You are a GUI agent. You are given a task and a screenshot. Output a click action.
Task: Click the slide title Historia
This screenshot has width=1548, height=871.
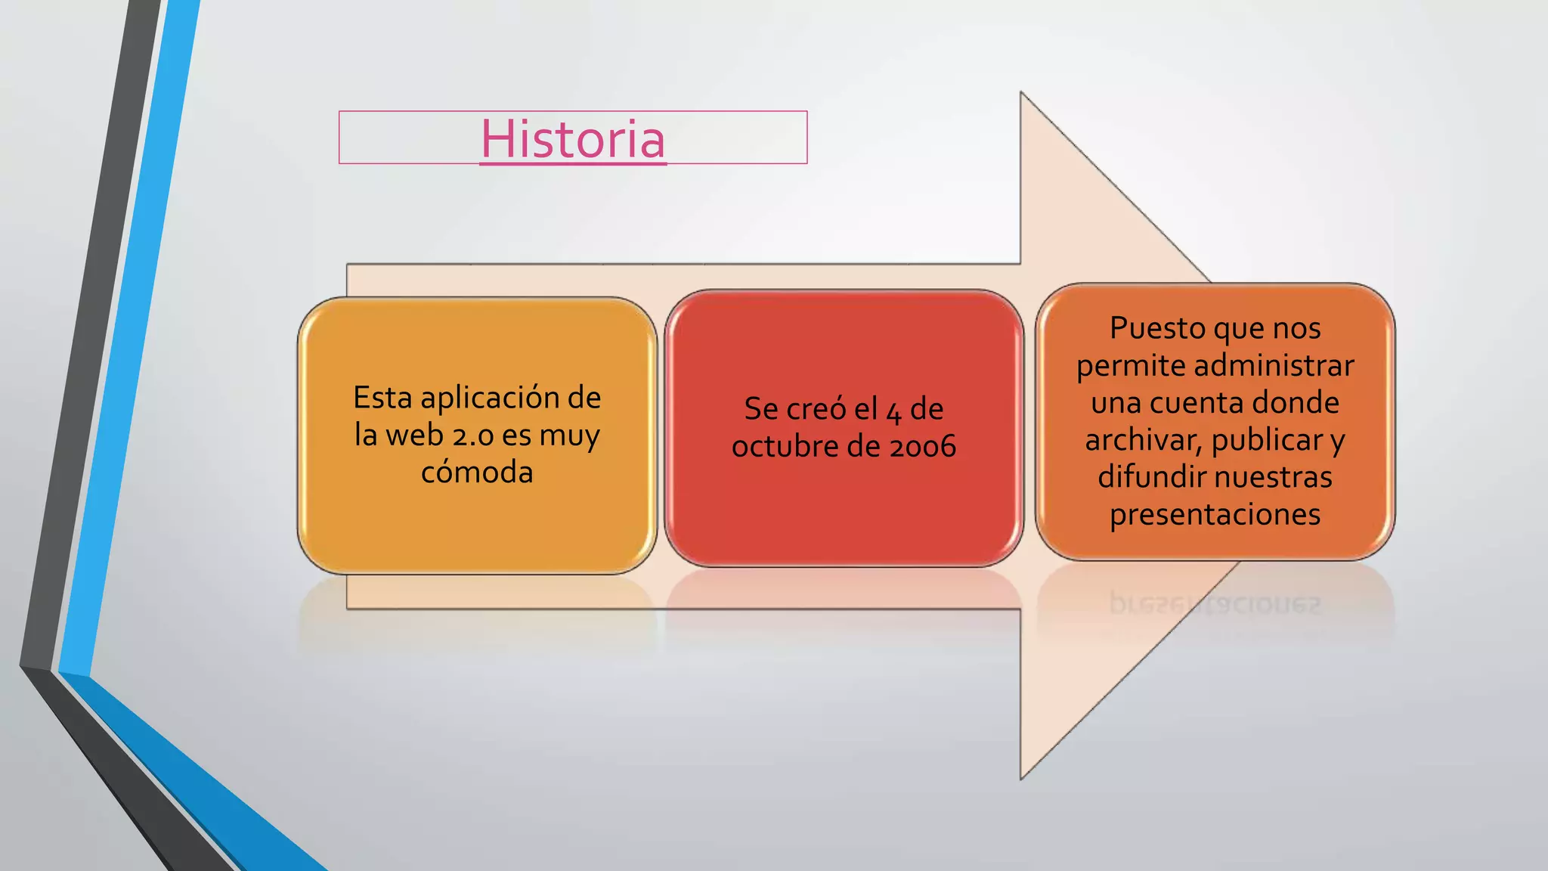point(573,139)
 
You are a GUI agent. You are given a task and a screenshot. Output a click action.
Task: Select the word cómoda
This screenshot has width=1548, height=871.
point(477,473)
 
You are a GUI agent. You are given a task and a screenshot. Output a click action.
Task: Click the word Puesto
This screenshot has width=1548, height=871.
point(1158,328)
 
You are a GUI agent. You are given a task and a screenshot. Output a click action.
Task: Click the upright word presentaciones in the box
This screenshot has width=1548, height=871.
point(1215,515)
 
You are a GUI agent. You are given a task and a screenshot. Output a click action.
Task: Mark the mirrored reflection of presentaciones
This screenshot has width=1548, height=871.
point(1215,604)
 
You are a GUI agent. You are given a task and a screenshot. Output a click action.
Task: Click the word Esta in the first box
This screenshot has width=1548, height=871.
point(382,398)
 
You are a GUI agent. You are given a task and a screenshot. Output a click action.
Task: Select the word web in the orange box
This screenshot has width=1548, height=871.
point(414,435)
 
